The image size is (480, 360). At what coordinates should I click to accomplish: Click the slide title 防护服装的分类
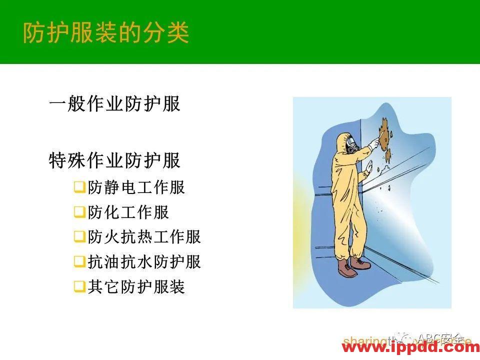pyautogui.click(x=106, y=32)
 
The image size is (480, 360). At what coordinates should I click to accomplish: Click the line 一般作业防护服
pyautogui.click(x=114, y=104)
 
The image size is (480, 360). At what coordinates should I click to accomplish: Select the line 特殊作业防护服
pyautogui.click(x=114, y=161)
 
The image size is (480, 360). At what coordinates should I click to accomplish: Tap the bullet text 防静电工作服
pyautogui.click(x=136, y=187)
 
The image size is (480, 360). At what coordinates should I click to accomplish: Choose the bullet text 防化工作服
pyautogui.click(x=128, y=212)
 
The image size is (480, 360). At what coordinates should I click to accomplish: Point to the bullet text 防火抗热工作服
pyautogui.click(x=144, y=237)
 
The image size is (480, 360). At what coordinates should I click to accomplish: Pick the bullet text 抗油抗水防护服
pyautogui.click(x=144, y=262)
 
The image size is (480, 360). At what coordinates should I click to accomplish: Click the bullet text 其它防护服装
pyautogui.click(x=136, y=287)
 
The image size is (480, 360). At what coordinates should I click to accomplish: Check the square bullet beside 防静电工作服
pyautogui.click(x=79, y=188)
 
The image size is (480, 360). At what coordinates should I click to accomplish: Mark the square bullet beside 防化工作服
pyautogui.click(x=79, y=213)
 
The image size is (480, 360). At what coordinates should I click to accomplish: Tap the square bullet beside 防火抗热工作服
pyautogui.click(x=79, y=237)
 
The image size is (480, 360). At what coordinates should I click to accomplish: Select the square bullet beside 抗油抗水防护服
pyautogui.click(x=79, y=262)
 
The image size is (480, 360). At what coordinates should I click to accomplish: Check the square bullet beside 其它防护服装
pyautogui.click(x=79, y=287)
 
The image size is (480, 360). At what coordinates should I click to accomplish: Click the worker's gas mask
pyautogui.click(x=351, y=145)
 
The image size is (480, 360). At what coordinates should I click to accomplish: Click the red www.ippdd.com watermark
pyautogui.click(x=410, y=347)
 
